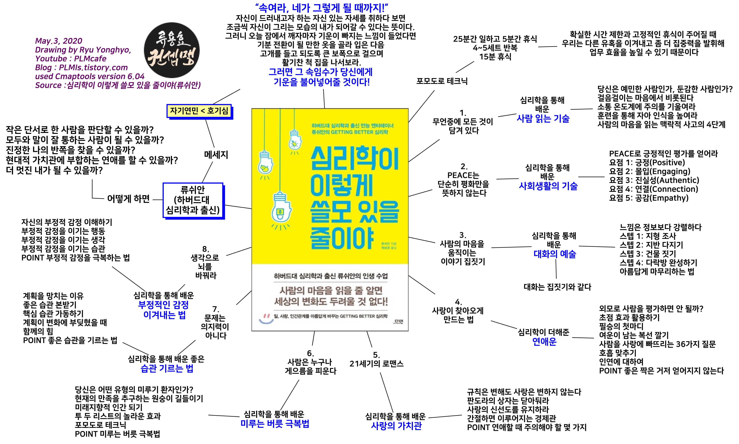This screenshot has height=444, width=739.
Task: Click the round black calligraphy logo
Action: click(x=172, y=50)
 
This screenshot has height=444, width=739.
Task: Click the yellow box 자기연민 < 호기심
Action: click(x=199, y=111)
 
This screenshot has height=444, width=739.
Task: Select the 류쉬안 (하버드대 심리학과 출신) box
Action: click(x=193, y=200)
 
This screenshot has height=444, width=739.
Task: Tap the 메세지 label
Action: click(x=216, y=155)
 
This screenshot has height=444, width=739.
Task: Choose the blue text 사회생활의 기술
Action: click(x=548, y=186)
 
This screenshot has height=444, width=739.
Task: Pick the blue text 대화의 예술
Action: click(x=555, y=254)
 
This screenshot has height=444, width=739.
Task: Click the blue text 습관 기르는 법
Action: click(x=167, y=368)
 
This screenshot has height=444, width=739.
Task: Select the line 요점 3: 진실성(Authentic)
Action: click(x=654, y=180)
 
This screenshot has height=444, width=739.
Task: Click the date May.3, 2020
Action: click(x=59, y=41)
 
